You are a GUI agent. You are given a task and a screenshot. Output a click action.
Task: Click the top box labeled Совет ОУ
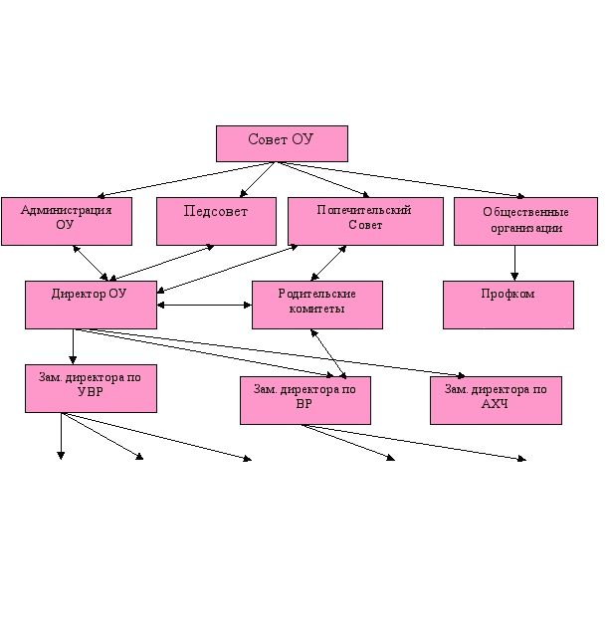[x=282, y=144]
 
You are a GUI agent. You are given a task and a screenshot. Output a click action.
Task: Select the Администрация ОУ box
[x=67, y=221]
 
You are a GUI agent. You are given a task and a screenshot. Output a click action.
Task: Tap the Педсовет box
[x=216, y=221]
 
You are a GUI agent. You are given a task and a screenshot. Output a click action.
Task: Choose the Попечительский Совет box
[x=365, y=221]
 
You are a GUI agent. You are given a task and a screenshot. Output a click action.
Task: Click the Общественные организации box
[x=525, y=221]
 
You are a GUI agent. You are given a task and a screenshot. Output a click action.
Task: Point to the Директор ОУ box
[x=91, y=306]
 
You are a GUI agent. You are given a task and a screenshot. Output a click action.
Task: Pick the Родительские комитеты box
[x=317, y=306]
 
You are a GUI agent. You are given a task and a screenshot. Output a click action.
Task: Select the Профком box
[x=508, y=306]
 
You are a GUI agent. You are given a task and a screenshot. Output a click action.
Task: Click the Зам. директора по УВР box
[x=91, y=388]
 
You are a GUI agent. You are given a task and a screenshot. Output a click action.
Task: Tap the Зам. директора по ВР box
[x=305, y=400]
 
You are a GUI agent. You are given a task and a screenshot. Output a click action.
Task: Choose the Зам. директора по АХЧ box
[x=496, y=400]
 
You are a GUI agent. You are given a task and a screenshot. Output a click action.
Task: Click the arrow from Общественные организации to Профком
[x=514, y=263]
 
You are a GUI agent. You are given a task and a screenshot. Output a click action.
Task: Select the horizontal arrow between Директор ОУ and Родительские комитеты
[x=204, y=306]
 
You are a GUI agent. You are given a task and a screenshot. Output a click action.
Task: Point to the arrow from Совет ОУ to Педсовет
[x=258, y=179]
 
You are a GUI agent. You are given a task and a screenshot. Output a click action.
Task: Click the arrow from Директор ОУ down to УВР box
[x=73, y=346]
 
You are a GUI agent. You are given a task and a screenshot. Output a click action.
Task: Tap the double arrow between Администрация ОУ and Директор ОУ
[x=91, y=263]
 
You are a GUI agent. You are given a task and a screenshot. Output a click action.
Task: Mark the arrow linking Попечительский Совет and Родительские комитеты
[x=328, y=263]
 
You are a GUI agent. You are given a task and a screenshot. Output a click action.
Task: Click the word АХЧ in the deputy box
[x=495, y=404]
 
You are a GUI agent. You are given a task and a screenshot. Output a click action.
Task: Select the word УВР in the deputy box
[x=91, y=392]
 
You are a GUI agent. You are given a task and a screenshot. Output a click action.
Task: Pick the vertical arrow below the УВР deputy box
[x=61, y=436]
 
